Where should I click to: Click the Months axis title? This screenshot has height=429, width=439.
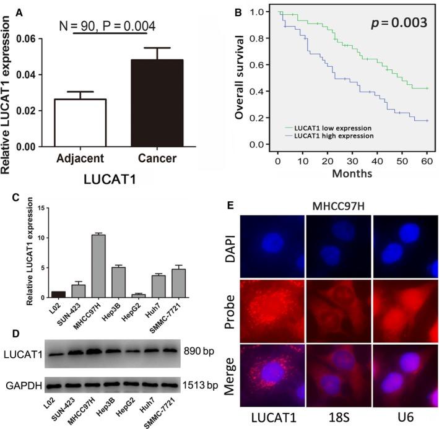(351, 174)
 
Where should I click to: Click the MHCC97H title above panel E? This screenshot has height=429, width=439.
(369, 205)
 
